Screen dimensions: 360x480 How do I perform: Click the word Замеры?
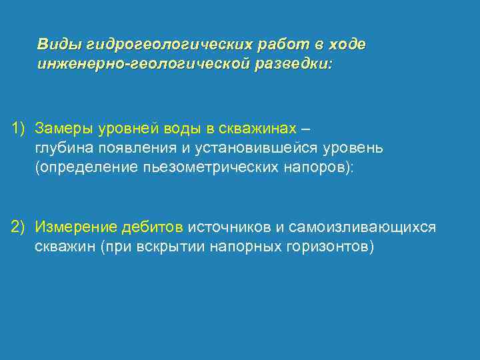(65, 127)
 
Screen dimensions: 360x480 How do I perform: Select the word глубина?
(65, 147)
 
